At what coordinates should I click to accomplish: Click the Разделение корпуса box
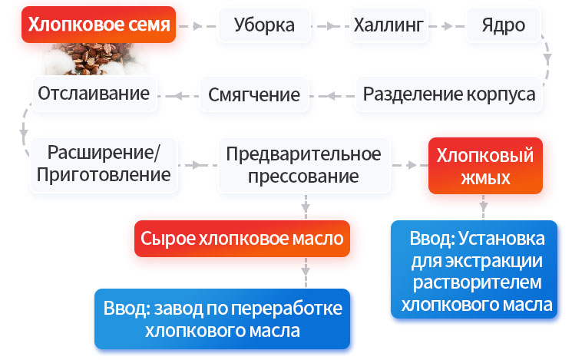449,94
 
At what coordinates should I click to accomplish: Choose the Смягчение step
254,94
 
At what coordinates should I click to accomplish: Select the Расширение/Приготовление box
104,163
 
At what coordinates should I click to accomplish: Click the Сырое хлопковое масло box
243,239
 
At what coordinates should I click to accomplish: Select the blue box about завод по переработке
223,319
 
